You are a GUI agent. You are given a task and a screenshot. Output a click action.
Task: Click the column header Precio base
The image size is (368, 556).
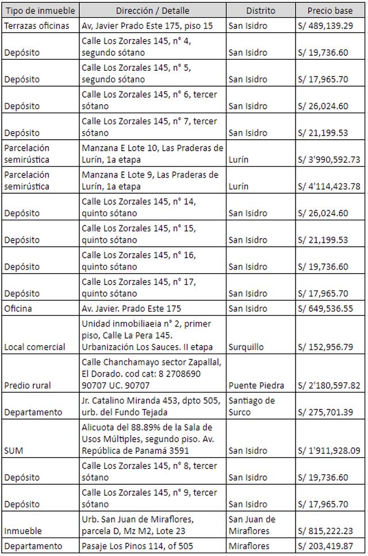coord(331,10)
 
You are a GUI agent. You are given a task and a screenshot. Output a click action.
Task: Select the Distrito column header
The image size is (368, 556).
coord(260,10)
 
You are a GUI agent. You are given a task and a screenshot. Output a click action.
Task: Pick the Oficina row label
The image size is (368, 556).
coord(18,309)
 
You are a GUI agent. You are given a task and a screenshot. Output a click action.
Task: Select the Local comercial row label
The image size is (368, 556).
coord(34,347)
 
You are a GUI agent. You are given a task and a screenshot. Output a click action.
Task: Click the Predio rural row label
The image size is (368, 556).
coord(27,385)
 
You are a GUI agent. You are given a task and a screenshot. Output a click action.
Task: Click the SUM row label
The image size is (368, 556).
coord(13,451)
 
